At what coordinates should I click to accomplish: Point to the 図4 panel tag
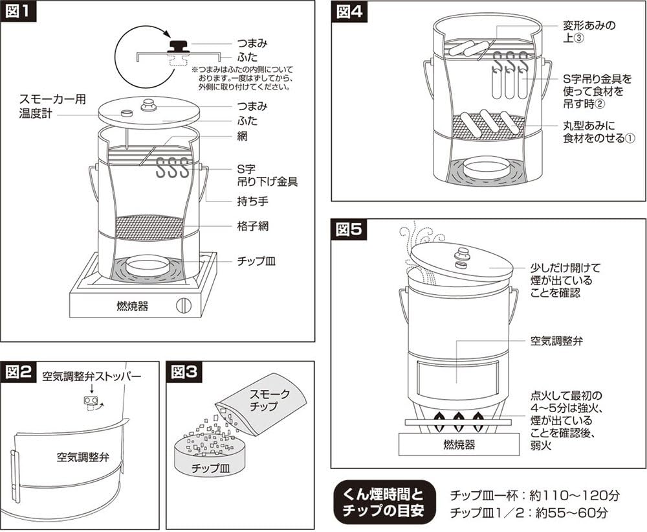[x=351, y=12]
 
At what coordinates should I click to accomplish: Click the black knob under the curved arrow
[x=177, y=45]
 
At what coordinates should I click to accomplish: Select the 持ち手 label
[x=249, y=201]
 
